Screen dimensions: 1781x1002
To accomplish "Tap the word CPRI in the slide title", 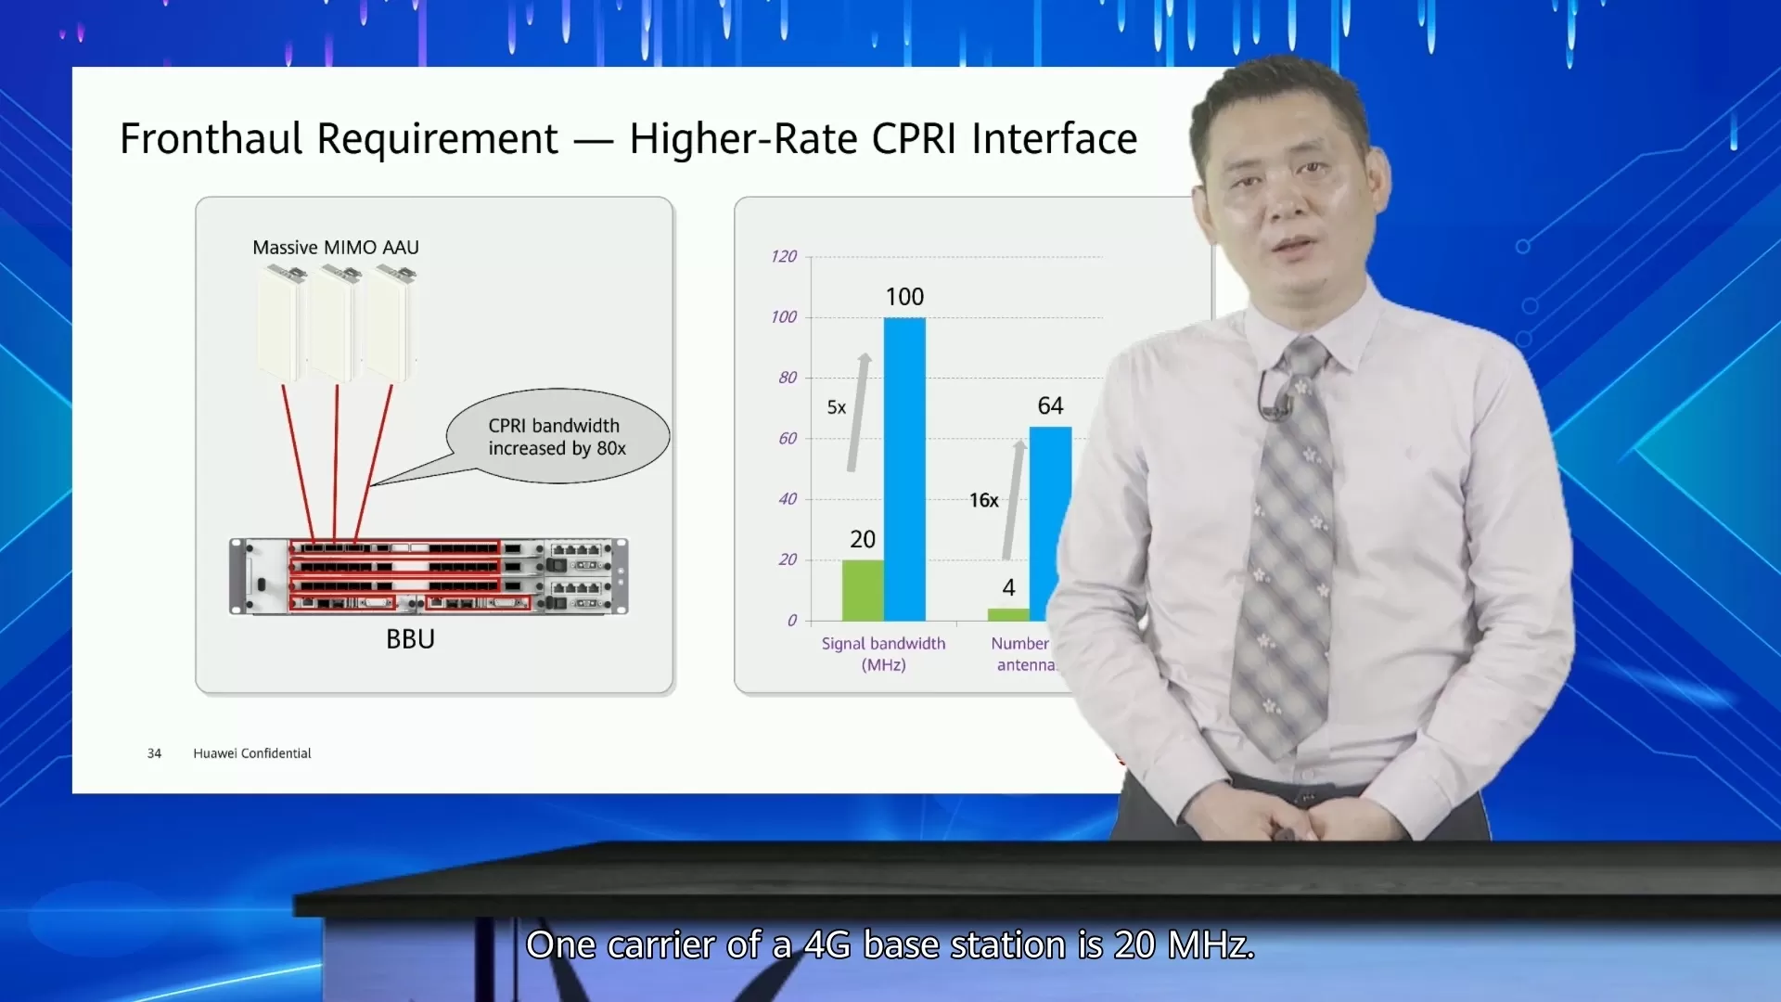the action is pyautogui.click(x=914, y=139).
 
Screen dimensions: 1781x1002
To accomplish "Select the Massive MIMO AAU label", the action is pyautogui.click(x=336, y=248).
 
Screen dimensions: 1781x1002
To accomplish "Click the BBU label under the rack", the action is pyautogui.click(x=410, y=639).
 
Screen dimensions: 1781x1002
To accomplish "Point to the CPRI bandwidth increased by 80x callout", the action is pyautogui.click(x=557, y=436).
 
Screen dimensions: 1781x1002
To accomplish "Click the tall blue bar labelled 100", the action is pyautogui.click(x=904, y=469).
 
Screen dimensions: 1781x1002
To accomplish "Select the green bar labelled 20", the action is pyautogui.click(x=863, y=590).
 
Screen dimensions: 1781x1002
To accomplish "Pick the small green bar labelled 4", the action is pyautogui.click(x=1008, y=614).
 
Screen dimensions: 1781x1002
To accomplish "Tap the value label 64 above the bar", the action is pyautogui.click(x=1050, y=405).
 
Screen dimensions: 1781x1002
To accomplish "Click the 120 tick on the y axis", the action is pyautogui.click(x=784, y=256).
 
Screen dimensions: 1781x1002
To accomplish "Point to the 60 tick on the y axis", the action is pyautogui.click(x=788, y=438).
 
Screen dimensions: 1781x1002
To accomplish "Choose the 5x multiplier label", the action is pyautogui.click(x=837, y=407).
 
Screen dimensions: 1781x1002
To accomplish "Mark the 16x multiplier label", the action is pyautogui.click(x=984, y=500).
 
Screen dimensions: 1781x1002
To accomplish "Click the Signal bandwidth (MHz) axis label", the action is pyautogui.click(x=883, y=654).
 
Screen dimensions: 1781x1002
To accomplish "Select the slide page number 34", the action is pyautogui.click(x=154, y=753).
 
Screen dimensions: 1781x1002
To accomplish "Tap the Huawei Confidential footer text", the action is pyautogui.click(x=252, y=753).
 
